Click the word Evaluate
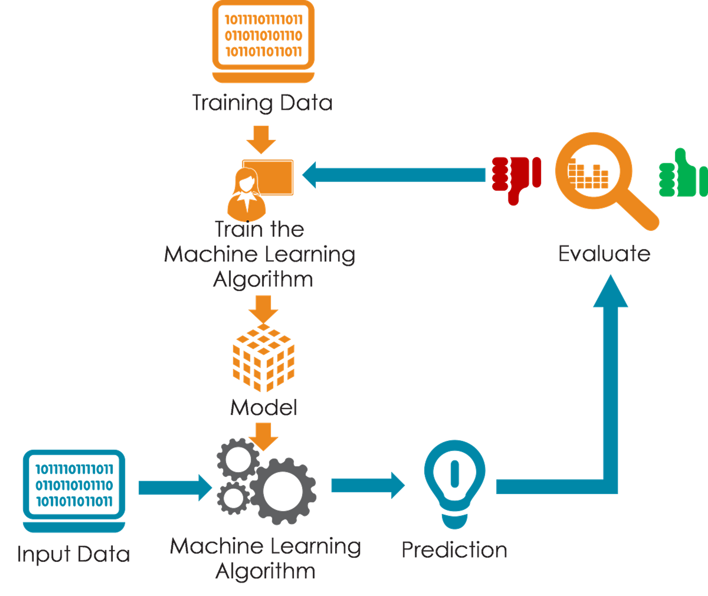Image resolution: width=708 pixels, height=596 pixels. coord(604,253)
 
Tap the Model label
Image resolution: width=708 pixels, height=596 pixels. coord(264,407)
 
